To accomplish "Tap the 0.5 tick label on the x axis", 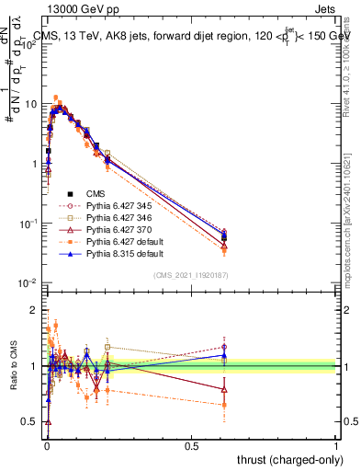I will [x=191, y=444].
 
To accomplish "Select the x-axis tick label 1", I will [x=336, y=444].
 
